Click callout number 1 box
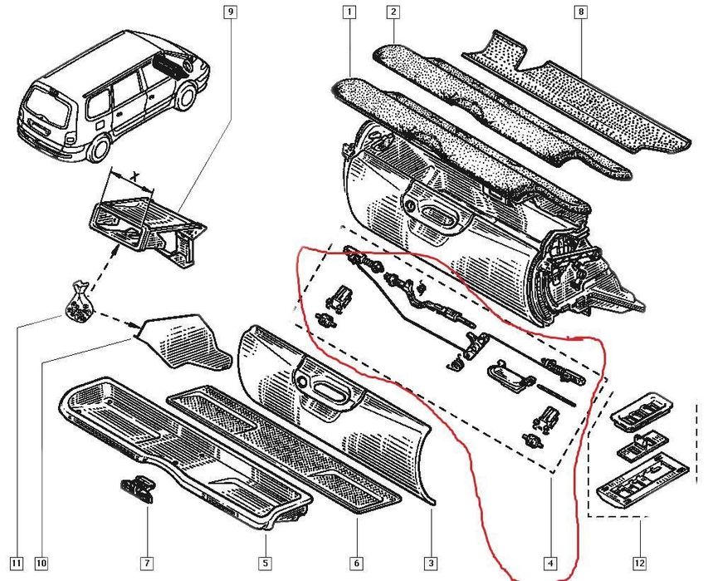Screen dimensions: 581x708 349,12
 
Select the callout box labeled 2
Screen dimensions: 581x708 393,12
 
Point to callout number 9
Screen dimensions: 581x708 230,12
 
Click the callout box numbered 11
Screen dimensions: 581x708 17,564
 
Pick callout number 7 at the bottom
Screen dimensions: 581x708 147,564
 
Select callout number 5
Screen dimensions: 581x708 264,564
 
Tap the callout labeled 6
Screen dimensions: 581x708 357,564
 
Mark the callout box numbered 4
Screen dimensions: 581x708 549,564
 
